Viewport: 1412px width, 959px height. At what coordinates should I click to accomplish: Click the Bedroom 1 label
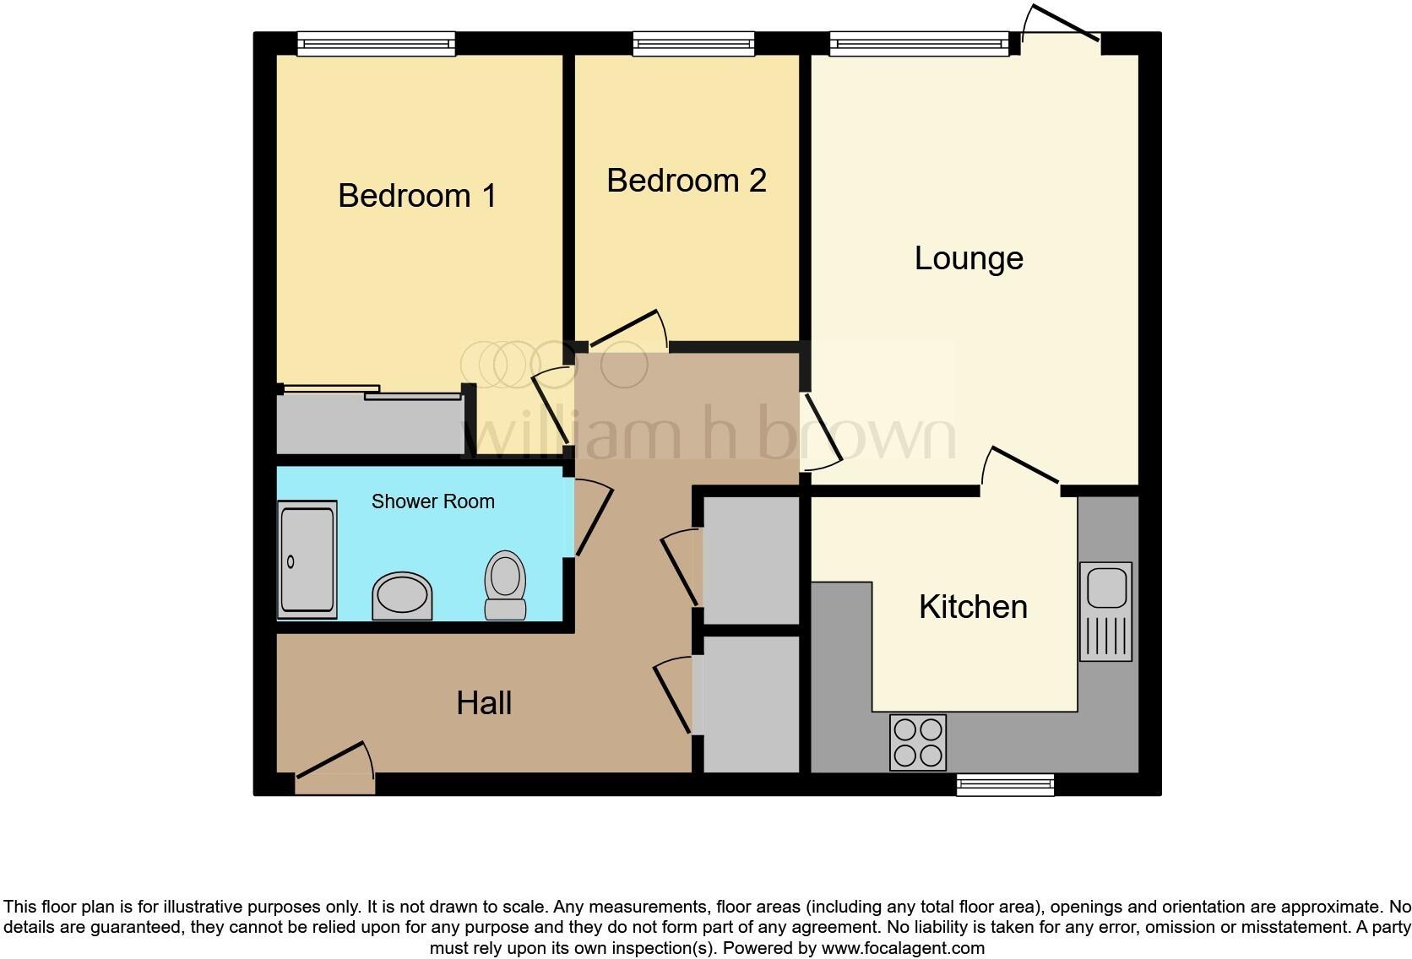click(x=417, y=196)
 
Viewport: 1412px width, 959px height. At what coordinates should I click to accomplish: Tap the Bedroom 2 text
click(x=686, y=181)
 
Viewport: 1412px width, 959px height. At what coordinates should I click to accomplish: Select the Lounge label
click(x=969, y=258)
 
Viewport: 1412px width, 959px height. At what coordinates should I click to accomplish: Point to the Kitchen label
click(x=973, y=607)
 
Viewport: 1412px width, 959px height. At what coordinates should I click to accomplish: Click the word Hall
click(x=484, y=703)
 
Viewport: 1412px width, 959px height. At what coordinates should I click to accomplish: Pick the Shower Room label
click(x=432, y=501)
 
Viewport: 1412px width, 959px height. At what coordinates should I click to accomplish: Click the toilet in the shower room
click(x=505, y=585)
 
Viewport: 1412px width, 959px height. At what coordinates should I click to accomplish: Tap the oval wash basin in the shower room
click(x=402, y=595)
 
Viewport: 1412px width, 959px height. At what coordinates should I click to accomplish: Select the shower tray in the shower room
click(x=307, y=559)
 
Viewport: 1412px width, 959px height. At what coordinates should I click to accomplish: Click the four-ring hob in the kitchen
click(x=918, y=742)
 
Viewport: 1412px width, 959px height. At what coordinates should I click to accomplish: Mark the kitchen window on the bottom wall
click(x=1005, y=786)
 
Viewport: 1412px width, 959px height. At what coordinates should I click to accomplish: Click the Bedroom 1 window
click(x=376, y=44)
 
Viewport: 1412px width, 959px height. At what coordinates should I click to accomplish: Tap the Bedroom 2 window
click(x=693, y=44)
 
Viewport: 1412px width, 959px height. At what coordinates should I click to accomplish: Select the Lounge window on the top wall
click(x=919, y=44)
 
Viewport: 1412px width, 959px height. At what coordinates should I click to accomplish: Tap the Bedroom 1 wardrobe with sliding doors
click(x=370, y=423)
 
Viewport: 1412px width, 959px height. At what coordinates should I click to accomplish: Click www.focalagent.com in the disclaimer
click(x=903, y=948)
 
